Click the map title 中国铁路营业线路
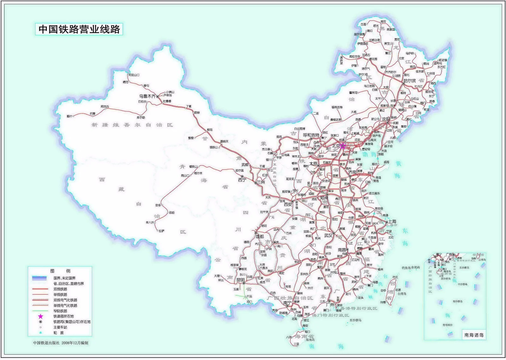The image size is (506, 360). click(79, 29)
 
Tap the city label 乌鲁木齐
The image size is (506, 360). click(147, 96)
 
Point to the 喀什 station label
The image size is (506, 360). click(70, 116)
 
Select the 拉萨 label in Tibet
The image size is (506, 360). click(161, 231)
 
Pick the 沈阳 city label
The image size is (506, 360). click(386, 119)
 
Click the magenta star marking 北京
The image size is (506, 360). click(342, 146)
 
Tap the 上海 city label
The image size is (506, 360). click(392, 222)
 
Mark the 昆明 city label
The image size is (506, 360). click(240, 280)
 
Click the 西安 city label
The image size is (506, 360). click(288, 204)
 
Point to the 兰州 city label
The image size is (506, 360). click(261, 182)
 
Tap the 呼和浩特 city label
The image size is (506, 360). click(311, 135)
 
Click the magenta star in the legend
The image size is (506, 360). click(40, 316)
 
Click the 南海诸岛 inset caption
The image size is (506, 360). click(473, 335)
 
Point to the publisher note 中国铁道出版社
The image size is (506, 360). click(47, 343)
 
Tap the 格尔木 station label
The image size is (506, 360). click(198, 173)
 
